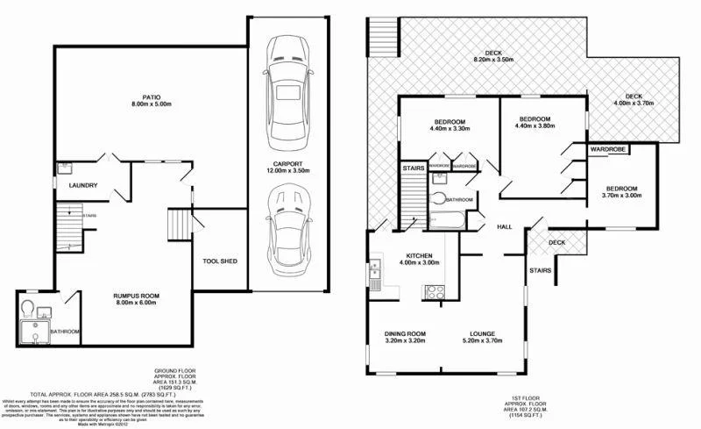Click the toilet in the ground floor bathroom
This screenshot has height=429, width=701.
click(30, 309)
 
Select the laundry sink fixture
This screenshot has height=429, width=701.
click(65, 168)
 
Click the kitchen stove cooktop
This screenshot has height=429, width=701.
click(435, 292)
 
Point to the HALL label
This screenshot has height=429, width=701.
click(505, 226)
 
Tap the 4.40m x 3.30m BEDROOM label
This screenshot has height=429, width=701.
click(450, 124)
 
